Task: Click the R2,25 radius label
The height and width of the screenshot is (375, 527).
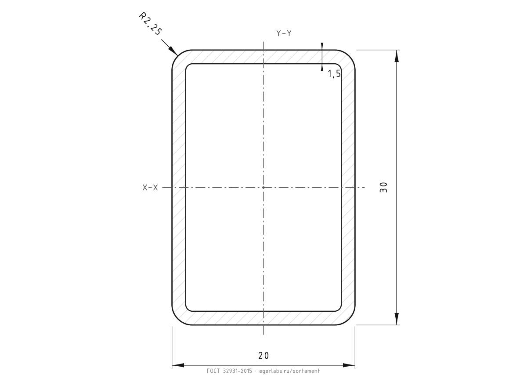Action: (150, 24)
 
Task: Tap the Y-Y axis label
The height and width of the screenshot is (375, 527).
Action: (284, 33)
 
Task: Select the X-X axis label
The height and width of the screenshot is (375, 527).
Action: (150, 187)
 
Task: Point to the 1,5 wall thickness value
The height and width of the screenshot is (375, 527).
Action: (334, 74)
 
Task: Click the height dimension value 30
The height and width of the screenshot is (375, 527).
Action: (383, 187)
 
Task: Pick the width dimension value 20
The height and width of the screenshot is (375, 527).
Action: (263, 356)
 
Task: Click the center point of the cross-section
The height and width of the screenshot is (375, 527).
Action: (263, 187)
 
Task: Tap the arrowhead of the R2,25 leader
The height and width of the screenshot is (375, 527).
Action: (173, 51)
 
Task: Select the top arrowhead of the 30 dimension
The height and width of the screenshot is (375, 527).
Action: (397, 56)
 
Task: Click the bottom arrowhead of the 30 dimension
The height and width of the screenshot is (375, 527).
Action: (397, 319)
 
